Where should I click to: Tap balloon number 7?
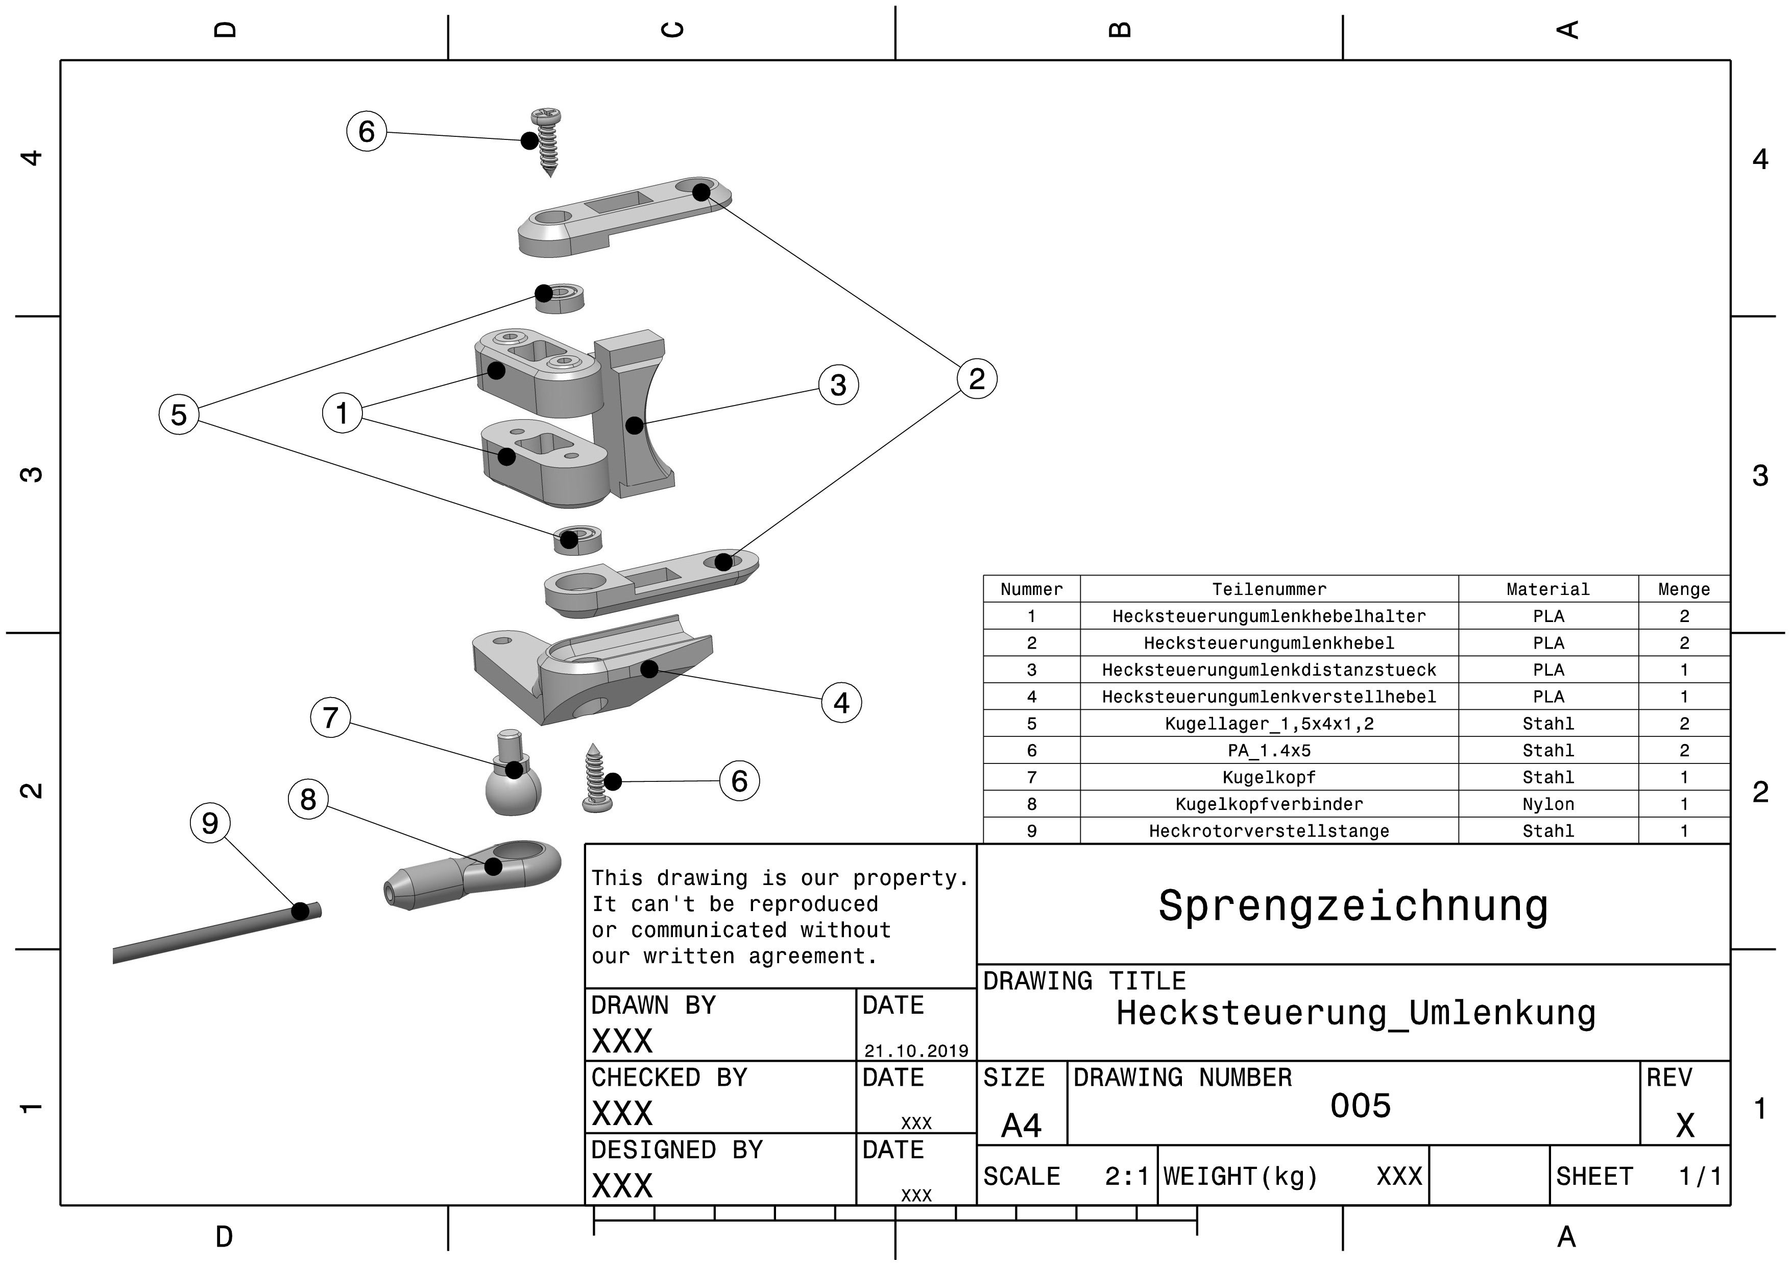point(330,718)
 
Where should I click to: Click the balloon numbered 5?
point(179,414)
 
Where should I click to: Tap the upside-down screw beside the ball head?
point(597,780)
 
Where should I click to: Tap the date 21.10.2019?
point(916,1050)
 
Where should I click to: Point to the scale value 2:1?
point(1126,1176)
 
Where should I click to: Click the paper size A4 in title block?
point(1021,1126)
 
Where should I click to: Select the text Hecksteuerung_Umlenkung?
point(1356,1013)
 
